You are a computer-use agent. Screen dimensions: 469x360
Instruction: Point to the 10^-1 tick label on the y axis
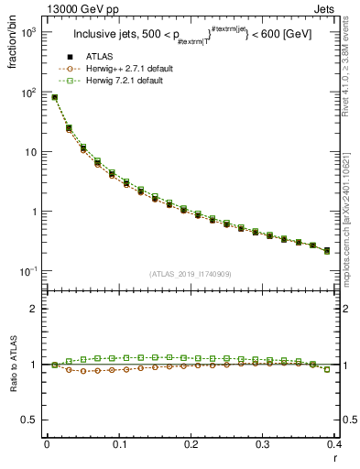pos(27,271)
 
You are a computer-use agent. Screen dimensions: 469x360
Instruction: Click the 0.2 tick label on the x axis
pos(191,445)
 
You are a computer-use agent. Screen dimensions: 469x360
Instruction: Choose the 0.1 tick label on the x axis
pos(118,445)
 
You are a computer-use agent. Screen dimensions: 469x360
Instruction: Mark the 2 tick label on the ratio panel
pos(36,309)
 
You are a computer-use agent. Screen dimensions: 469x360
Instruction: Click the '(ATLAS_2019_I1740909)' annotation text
pos(191,274)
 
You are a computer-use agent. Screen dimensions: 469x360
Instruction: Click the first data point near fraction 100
pos(54,97)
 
